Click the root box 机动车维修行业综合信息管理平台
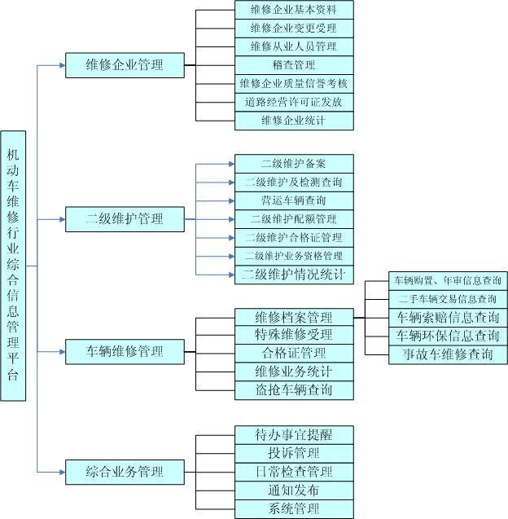13,266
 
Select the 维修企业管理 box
125,64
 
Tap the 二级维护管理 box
125,218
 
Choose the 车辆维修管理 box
125,352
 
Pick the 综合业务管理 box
125,472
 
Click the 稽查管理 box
294,64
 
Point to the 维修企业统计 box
294,121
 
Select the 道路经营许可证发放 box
294,102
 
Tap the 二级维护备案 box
294,163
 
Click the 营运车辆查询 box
294,200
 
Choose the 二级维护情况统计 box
294,275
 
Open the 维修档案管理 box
294,317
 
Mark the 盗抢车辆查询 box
294,390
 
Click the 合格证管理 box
294,354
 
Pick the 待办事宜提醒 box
294,435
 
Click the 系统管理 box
294,509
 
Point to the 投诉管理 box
294,453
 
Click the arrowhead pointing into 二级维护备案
230,163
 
